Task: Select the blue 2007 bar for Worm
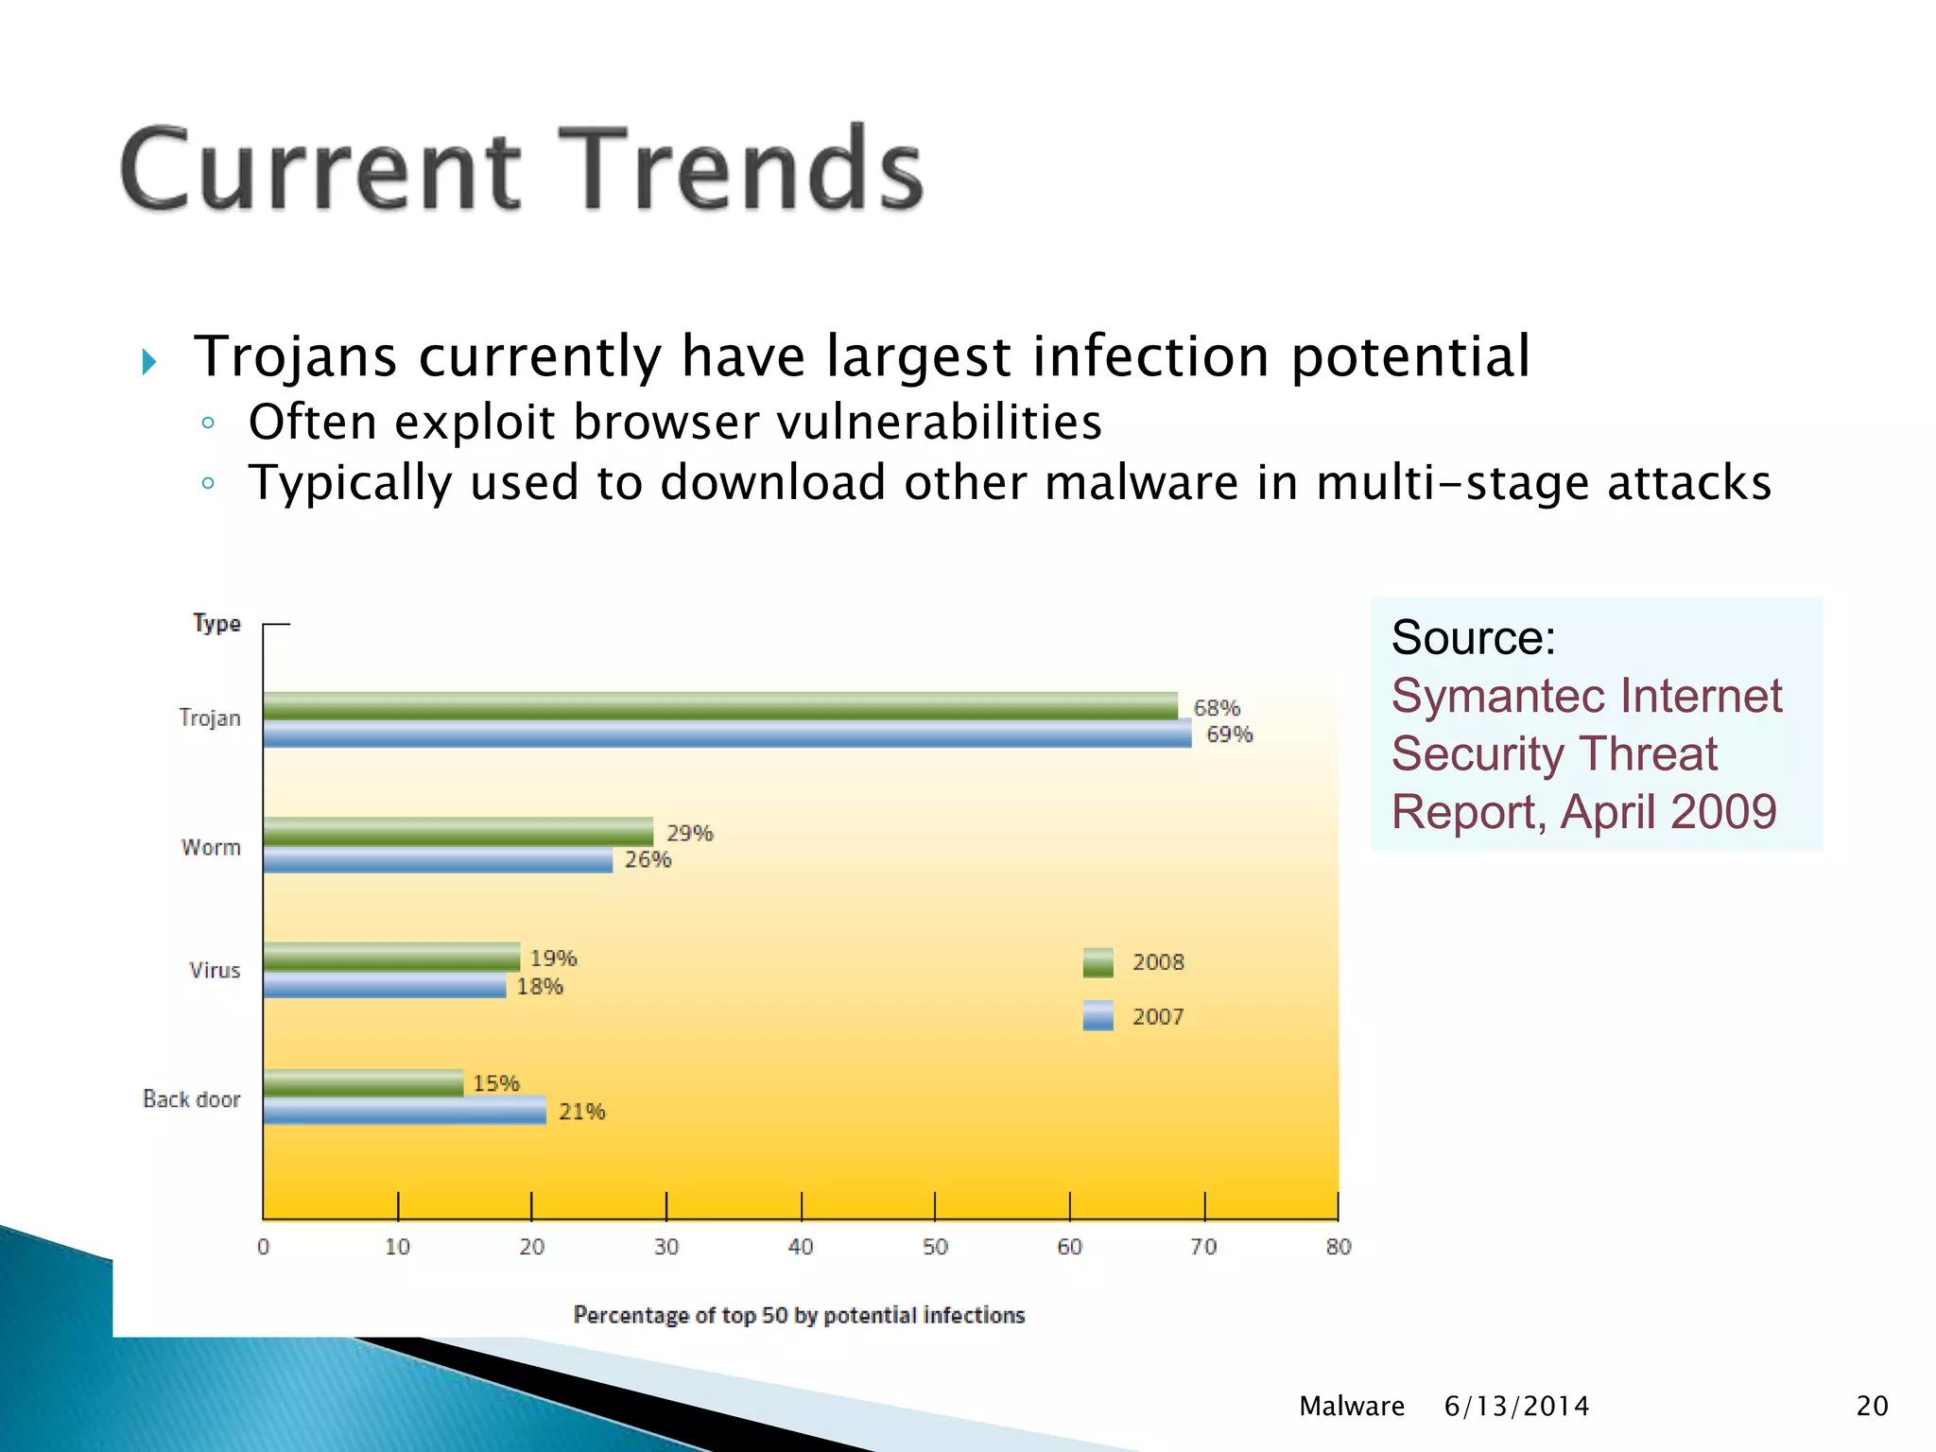point(438,860)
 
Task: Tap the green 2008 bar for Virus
point(391,957)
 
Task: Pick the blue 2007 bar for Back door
point(405,1111)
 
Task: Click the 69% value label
point(1229,735)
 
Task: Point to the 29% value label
point(689,833)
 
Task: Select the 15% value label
point(495,1083)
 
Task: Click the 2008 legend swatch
point(1098,962)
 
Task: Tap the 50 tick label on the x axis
point(935,1247)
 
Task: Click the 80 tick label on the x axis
point(1338,1247)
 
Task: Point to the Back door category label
point(192,1099)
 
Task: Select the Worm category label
point(211,847)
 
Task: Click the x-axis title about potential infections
point(799,1315)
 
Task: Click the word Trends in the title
point(740,170)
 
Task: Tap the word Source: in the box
point(1473,637)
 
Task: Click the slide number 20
point(1872,1406)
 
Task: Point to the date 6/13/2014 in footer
point(1516,1406)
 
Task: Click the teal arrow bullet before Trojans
point(148,361)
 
